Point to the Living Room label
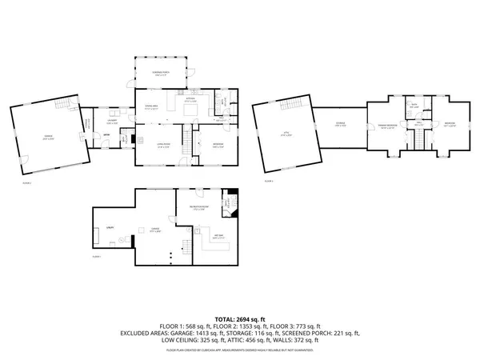click(x=163, y=146)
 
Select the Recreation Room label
click(x=200, y=208)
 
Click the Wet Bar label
click(x=217, y=235)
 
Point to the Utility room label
click(x=109, y=229)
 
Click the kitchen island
click(x=192, y=111)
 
